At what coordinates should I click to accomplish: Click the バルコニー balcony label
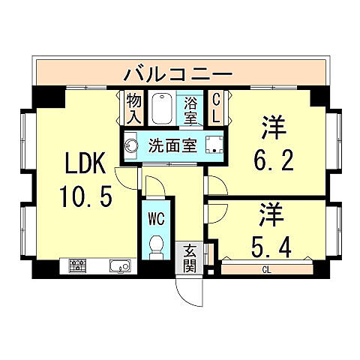click(x=178, y=74)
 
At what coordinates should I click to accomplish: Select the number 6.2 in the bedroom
click(x=274, y=160)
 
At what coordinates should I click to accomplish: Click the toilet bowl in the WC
click(x=157, y=245)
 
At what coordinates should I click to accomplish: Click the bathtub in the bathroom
click(x=160, y=109)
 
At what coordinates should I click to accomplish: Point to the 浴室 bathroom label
click(x=190, y=109)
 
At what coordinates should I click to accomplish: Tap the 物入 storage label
click(x=133, y=107)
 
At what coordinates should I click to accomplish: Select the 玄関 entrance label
click(x=190, y=259)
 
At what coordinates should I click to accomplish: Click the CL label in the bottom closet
click(x=266, y=269)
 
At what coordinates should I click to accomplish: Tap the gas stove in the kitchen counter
click(x=77, y=265)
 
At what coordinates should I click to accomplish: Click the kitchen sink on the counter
click(x=120, y=265)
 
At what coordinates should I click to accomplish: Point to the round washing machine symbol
click(x=130, y=144)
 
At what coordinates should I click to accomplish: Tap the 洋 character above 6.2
click(x=274, y=127)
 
